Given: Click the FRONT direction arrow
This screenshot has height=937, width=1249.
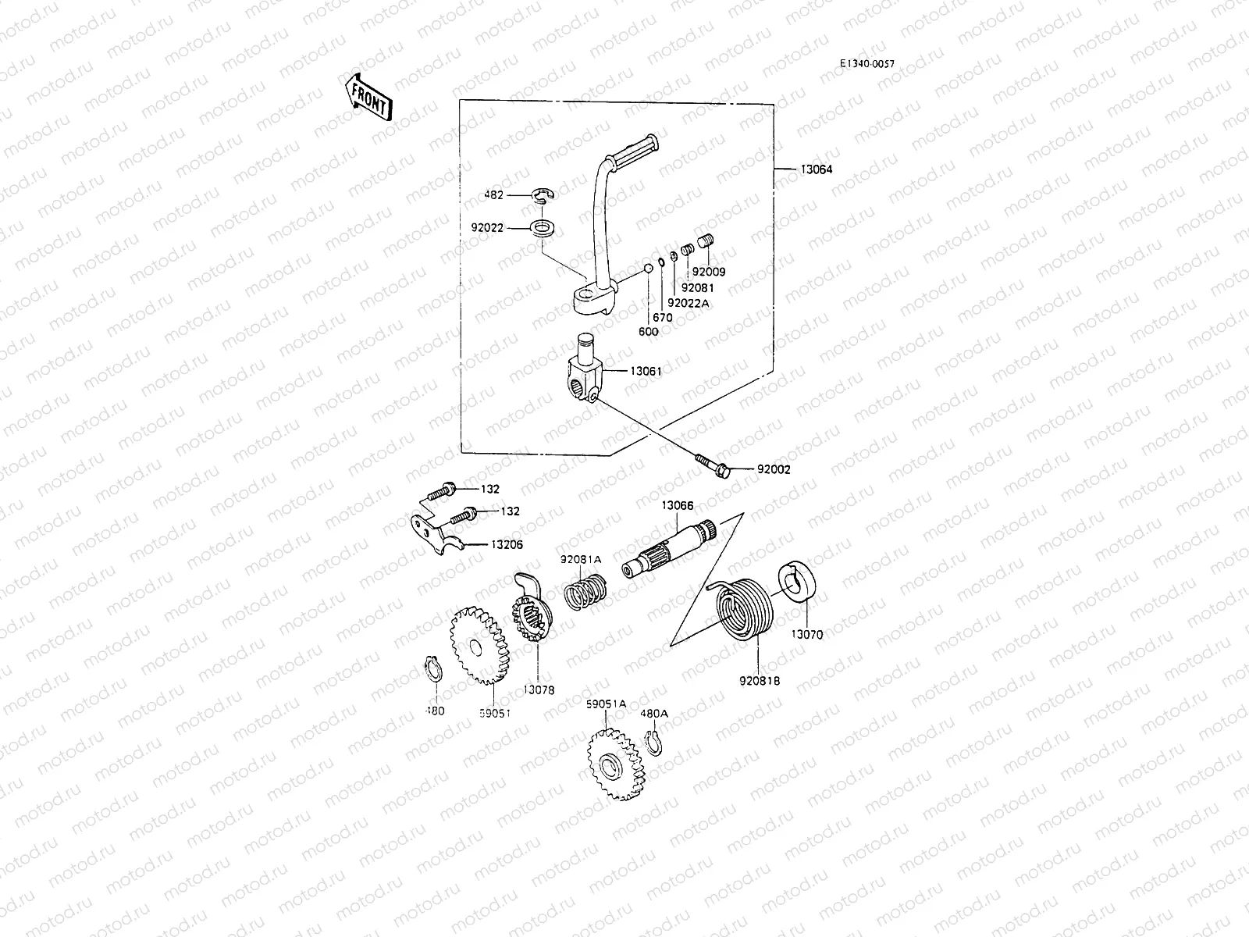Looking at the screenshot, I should click(x=366, y=96).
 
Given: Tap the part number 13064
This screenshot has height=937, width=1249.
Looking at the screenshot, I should click(x=815, y=169).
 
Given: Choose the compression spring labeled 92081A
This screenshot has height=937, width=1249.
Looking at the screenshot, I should click(x=585, y=593).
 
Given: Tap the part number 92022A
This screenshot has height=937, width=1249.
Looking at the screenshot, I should click(x=689, y=303).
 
